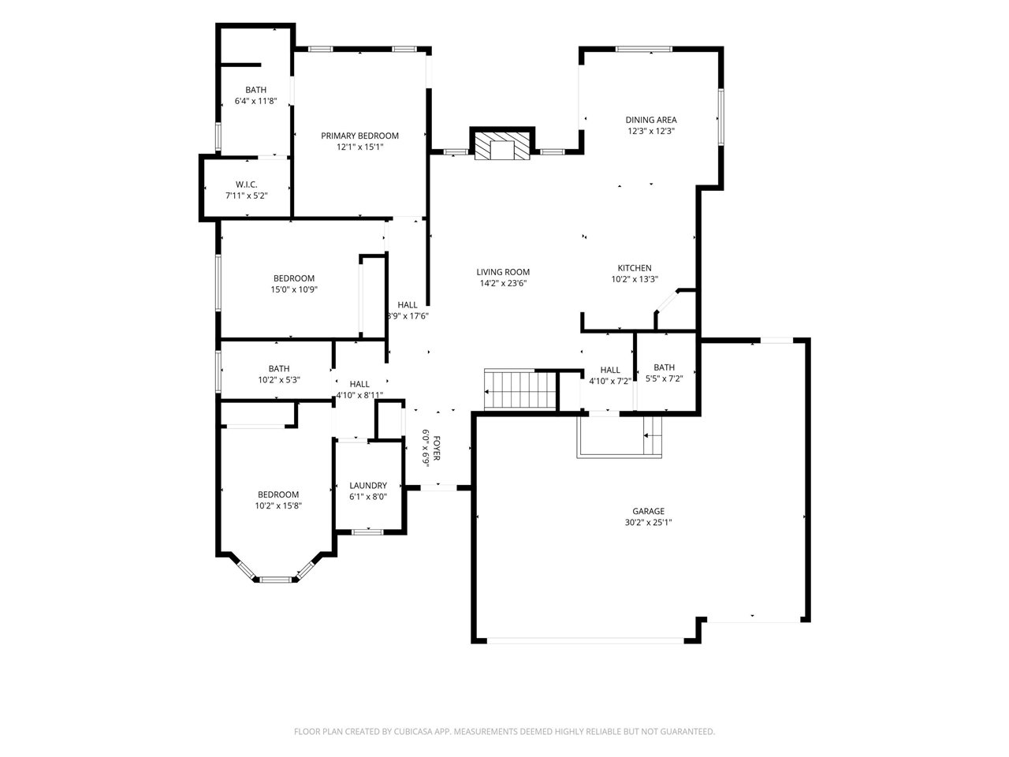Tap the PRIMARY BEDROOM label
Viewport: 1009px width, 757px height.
[x=359, y=136]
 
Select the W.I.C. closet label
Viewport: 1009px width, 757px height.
[x=247, y=185]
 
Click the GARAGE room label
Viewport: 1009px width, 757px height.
[x=648, y=511]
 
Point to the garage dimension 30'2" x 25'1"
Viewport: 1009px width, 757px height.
[x=648, y=522]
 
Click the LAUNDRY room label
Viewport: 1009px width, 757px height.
[x=368, y=485]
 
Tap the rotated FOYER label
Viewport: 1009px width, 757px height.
[x=437, y=448]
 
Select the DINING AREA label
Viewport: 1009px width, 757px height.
[x=651, y=120]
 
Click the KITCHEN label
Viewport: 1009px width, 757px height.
[x=635, y=267]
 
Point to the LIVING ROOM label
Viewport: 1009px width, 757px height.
[x=503, y=271]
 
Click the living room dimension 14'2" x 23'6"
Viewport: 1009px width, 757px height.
[x=503, y=283]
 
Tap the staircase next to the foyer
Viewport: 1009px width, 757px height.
[x=520, y=390]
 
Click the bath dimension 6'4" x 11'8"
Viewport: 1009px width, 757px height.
[x=255, y=101]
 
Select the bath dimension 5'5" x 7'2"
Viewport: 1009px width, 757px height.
[x=665, y=378]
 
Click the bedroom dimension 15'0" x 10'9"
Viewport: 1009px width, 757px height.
[x=294, y=289]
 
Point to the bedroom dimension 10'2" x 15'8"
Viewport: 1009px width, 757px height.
[x=278, y=505]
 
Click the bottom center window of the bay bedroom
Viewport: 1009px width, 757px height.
[x=276, y=580]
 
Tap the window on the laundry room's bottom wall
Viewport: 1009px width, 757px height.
[x=367, y=531]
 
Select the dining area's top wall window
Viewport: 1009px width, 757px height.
[x=643, y=49]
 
